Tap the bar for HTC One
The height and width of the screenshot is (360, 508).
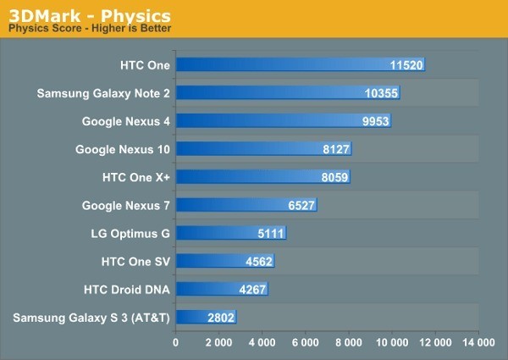pos(300,64)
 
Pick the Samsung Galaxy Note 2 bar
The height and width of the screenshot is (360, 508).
pos(287,92)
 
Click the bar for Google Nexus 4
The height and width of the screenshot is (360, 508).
pos(283,121)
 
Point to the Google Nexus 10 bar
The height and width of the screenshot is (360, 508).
pos(263,149)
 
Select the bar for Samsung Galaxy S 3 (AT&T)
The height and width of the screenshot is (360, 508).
pos(206,318)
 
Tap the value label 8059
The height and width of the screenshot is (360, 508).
pos(331,177)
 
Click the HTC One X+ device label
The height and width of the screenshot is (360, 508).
pos(135,177)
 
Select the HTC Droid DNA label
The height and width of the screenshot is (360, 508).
pos(127,290)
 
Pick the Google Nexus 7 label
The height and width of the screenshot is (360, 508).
pos(126,205)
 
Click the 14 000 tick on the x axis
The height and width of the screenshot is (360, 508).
pos(478,343)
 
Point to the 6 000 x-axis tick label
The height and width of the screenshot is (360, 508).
pos(305,343)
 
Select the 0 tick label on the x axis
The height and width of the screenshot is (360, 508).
pos(175,343)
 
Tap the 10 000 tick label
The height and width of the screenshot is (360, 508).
pos(391,343)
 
